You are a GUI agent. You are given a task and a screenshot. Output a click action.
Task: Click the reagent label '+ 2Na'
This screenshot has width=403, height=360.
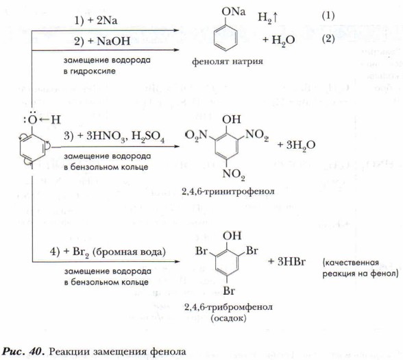coord(103,21)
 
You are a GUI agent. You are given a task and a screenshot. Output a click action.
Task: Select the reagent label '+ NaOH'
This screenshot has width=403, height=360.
coord(109,41)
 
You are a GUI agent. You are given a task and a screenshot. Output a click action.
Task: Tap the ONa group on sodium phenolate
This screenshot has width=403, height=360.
coord(233,12)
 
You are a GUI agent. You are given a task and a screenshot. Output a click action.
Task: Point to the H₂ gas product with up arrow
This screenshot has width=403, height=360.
coord(268,18)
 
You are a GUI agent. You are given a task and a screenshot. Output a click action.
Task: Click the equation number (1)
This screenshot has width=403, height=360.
coord(328,16)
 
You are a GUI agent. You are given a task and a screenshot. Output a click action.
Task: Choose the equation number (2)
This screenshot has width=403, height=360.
coord(328,39)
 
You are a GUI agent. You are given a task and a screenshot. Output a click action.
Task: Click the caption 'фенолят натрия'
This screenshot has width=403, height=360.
coord(228,62)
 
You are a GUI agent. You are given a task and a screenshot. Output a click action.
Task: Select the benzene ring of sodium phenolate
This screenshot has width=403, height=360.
coord(225,38)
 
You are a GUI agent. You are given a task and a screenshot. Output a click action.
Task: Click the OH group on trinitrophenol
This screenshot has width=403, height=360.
coord(232,119)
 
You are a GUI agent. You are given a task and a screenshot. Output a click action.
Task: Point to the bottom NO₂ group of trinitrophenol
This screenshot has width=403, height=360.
coord(233,175)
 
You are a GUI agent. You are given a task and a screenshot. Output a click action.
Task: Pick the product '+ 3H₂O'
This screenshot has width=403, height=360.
coord(296,145)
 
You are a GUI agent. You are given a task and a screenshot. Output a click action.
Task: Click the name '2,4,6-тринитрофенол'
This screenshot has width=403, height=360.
coord(228,191)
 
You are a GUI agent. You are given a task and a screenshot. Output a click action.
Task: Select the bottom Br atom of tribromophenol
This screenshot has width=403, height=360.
coord(229,291)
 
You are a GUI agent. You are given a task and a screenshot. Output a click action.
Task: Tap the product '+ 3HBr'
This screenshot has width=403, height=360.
coord(286,262)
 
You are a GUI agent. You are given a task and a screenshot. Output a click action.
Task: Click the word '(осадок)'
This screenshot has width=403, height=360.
coord(228,318)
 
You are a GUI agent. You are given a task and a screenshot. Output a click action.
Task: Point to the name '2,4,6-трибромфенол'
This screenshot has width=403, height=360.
coord(228,307)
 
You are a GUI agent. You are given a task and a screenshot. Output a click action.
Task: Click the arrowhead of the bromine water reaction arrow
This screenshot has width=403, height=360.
coord(177,262)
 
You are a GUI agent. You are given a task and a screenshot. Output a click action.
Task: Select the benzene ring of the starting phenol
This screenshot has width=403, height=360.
coord(32,149)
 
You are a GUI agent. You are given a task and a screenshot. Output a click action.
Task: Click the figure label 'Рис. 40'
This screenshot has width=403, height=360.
coord(22,351)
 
